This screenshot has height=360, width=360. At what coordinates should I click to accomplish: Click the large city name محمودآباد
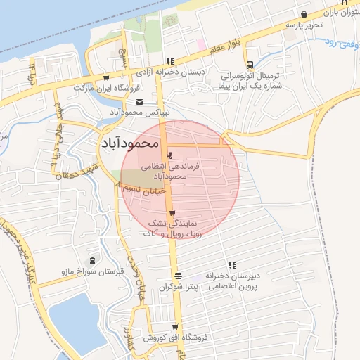[131, 142]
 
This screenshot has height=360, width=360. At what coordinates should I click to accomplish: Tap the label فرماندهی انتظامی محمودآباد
[171, 171]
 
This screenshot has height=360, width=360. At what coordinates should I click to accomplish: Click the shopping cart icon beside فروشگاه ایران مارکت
[106, 78]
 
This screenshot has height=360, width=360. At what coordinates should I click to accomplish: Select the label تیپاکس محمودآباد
[137, 112]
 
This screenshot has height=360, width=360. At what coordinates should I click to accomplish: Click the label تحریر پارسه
[303, 25]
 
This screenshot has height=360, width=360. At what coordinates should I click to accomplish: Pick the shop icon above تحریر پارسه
[304, 14]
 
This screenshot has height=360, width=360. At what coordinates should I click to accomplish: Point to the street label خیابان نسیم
[143, 190]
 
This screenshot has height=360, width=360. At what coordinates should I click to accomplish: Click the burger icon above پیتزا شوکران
[178, 276]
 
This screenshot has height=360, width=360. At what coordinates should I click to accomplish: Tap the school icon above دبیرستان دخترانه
[229, 265]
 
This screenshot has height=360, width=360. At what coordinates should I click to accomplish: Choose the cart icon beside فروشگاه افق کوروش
[174, 327]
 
